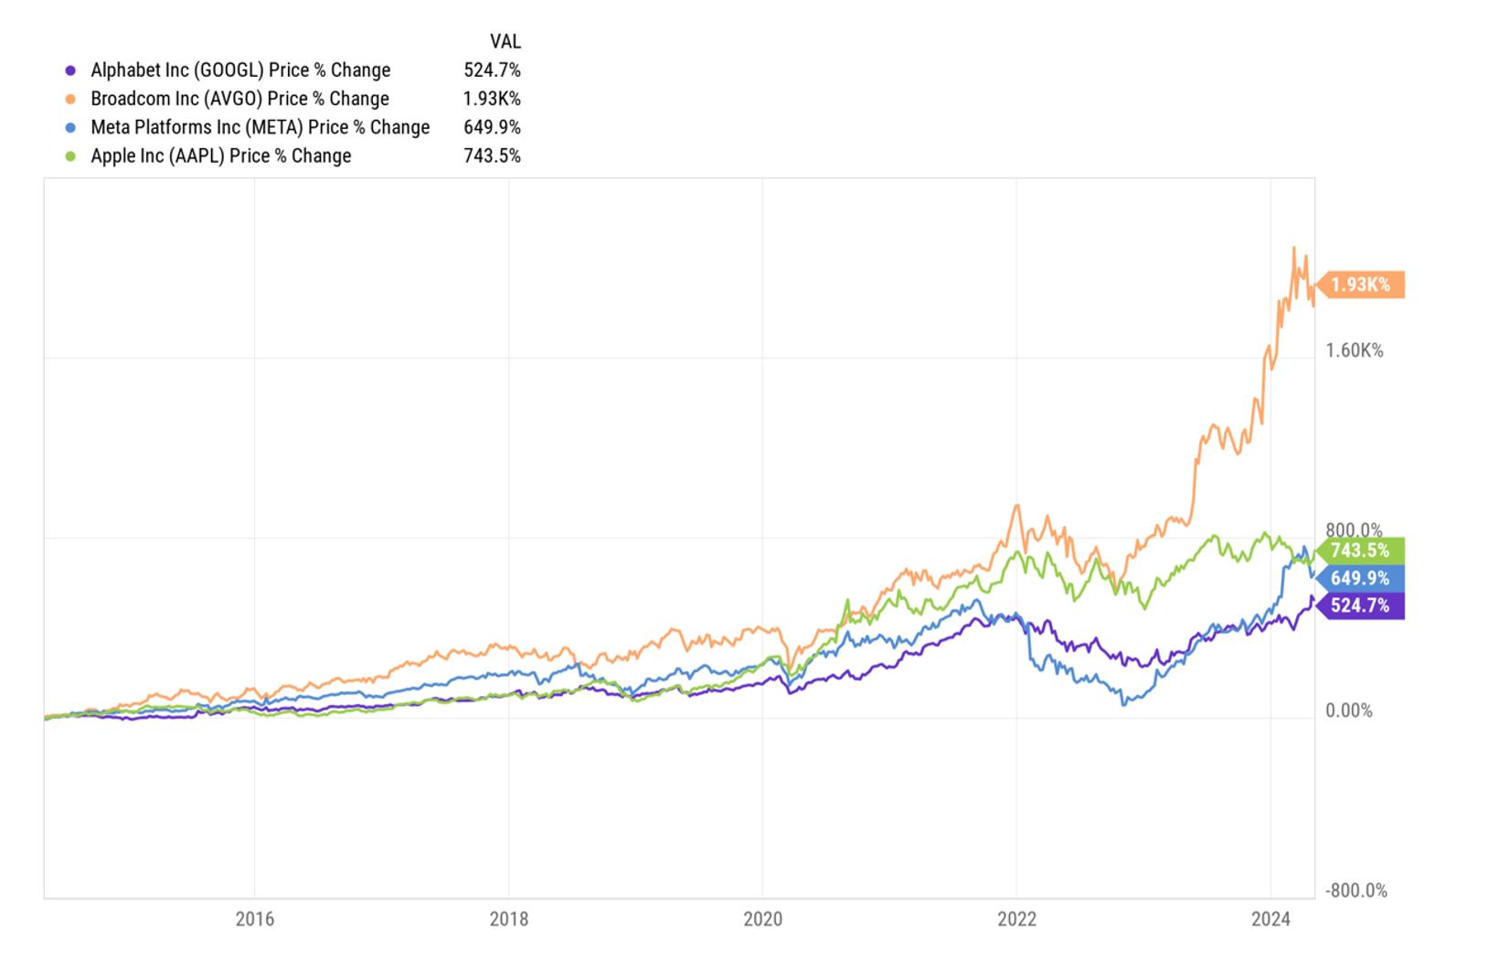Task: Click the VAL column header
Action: tap(505, 41)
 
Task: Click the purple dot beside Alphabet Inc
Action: tap(70, 70)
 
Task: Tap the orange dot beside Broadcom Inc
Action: tap(70, 99)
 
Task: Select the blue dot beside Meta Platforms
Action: tap(70, 128)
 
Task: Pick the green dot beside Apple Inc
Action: tap(70, 156)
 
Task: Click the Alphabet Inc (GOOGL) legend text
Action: tap(240, 69)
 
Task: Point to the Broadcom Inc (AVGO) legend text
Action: tap(239, 99)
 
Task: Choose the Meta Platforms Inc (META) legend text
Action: tap(260, 127)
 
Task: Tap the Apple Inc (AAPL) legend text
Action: tap(221, 155)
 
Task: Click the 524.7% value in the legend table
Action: tap(493, 69)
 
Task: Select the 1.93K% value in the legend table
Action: tap(492, 99)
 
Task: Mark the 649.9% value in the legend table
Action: tap(493, 127)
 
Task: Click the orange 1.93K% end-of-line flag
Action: tap(1360, 284)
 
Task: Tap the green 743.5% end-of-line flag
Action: tap(1360, 550)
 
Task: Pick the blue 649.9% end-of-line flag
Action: tap(1360, 578)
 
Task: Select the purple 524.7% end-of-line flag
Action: tap(1360, 605)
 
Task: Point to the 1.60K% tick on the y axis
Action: tap(1355, 350)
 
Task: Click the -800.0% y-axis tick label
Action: tap(1355, 890)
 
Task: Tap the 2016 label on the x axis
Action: tap(254, 919)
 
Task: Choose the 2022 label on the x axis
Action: tap(1016, 919)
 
